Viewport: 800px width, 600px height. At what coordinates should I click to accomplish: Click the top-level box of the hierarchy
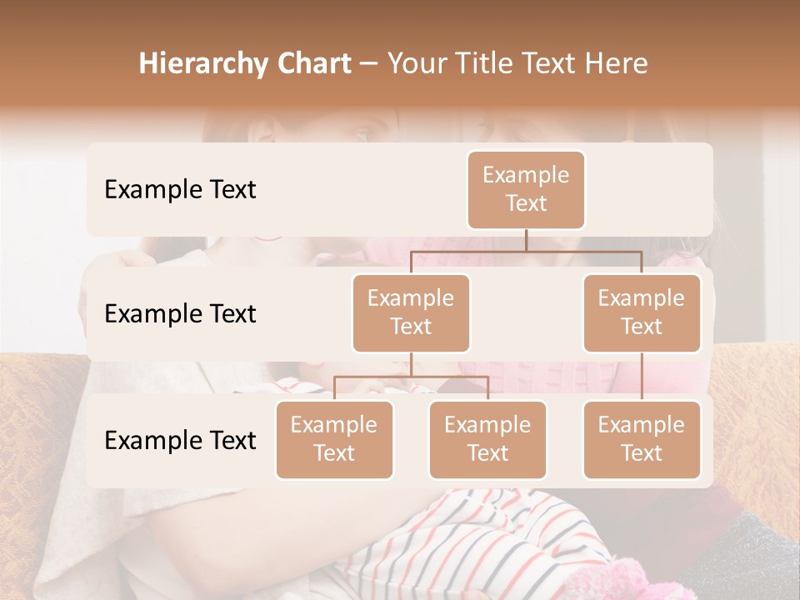pyautogui.click(x=526, y=189)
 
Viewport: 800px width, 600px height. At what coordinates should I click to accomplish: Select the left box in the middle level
pyautogui.click(x=411, y=312)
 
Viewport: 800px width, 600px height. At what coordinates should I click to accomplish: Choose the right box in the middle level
pyautogui.click(x=642, y=312)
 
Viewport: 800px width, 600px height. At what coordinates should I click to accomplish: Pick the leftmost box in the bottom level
pyautogui.click(x=334, y=439)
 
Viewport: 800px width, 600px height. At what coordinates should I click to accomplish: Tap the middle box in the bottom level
pyautogui.click(x=487, y=439)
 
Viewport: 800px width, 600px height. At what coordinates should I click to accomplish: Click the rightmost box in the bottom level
pyautogui.click(x=642, y=439)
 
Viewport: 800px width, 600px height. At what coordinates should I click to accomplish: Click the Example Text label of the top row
pyautogui.click(x=180, y=189)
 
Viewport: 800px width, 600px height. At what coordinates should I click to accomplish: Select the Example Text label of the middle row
pyautogui.click(x=180, y=313)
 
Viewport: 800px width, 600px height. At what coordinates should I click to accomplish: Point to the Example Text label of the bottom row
pyautogui.click(x=180, y=440)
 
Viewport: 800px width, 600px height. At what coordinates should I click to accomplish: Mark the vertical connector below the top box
pyautogui.click(x=526, y=240)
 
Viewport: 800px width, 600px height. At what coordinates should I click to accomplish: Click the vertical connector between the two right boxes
pyautogui.click(x=642, y=377)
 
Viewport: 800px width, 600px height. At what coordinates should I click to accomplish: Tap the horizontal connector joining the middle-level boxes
pyautogui.click(x=526, y=251)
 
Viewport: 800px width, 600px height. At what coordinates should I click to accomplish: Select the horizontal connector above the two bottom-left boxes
pyautogui.click(x=411, y=377)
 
